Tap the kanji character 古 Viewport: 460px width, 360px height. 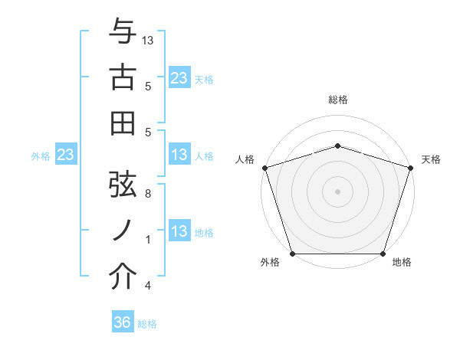tap(123, 77)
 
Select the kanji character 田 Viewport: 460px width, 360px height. tap(123, 123)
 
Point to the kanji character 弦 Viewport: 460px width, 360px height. tap(123, 184)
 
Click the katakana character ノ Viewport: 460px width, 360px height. tap(123, 230)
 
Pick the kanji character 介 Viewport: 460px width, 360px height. tap(123, 277)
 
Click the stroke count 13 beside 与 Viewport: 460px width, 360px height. tap(149, 40)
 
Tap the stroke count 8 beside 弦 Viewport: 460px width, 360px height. tap(148, 194)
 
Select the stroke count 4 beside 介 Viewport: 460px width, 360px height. tap(148, 286)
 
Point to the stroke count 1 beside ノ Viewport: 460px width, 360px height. tap(148, 240)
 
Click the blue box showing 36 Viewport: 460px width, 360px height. tap(123, 322)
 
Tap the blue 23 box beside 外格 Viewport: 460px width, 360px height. tap(66, 155)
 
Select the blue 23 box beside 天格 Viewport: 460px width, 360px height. tap(179, 77)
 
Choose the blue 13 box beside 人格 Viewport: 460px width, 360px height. tap(179, 155)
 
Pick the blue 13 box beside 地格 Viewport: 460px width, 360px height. tap(179, 232)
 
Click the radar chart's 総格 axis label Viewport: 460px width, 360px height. tap(338, 100)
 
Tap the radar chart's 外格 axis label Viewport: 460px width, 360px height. tap(270, 263)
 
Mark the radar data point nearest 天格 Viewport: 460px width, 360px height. tap(410, 167)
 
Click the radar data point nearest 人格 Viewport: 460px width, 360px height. tap(265, 167)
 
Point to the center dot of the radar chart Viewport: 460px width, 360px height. tap(338, 191)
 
